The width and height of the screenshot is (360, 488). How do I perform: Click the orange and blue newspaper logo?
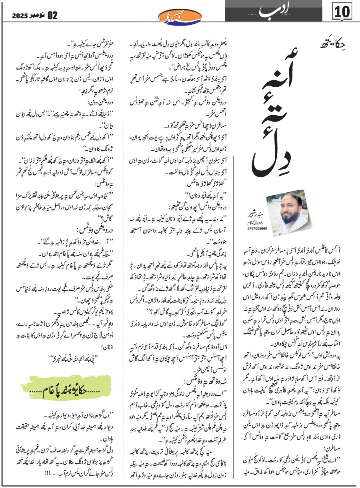click(180, 16)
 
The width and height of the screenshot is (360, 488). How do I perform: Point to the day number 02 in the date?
click(52, 16)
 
